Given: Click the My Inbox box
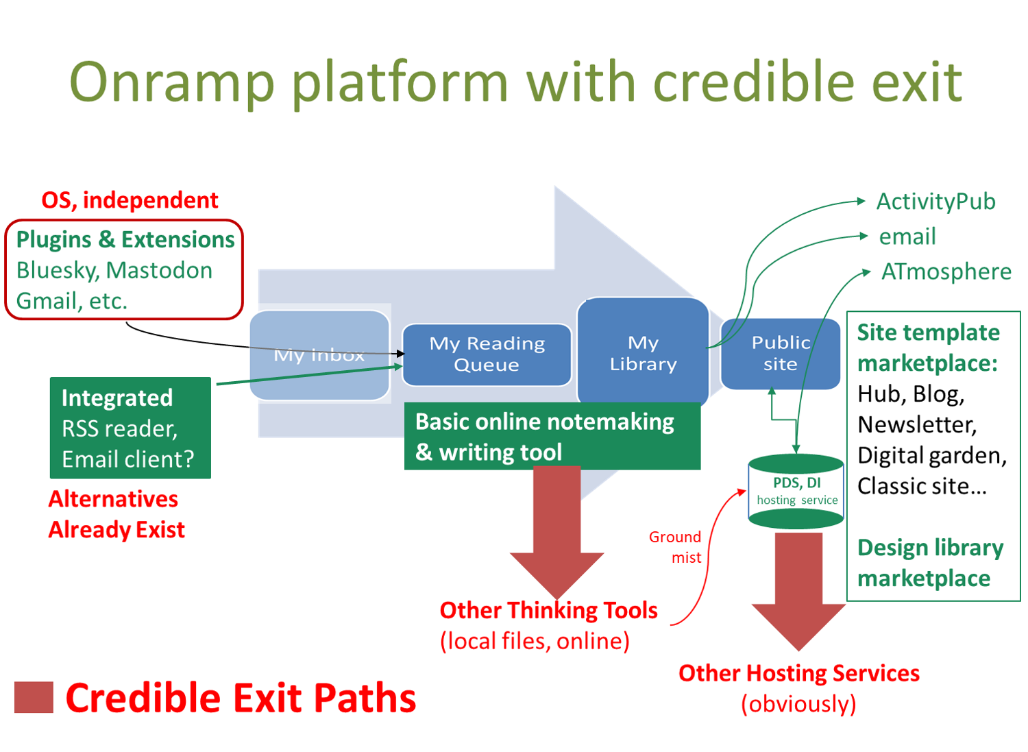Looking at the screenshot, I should coord(319,355).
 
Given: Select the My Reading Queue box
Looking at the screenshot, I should coord(487,354).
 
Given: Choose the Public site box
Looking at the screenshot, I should coord(781,353).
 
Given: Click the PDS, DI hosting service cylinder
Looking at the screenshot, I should coord(796,492).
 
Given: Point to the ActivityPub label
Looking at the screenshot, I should coord(935,202).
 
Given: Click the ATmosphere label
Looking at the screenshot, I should coord(946,271).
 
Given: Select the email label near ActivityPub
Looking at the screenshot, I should coord(907,236).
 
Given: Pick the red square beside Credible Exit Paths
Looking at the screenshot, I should coord(34,697).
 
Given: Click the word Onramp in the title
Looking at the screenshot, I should coord(172,82).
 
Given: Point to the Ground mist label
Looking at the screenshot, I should coord(676,547).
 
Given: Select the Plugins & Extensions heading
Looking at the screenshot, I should coord(125,239).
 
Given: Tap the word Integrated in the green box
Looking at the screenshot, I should coord(117,398).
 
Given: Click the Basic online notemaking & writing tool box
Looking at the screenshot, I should coord(552,437).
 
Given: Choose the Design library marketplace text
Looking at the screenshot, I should coord(930,563).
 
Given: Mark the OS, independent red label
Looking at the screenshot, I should coord(130,200).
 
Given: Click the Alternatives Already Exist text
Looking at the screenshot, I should coord(117,514).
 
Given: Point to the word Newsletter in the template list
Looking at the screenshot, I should coord(916,425).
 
